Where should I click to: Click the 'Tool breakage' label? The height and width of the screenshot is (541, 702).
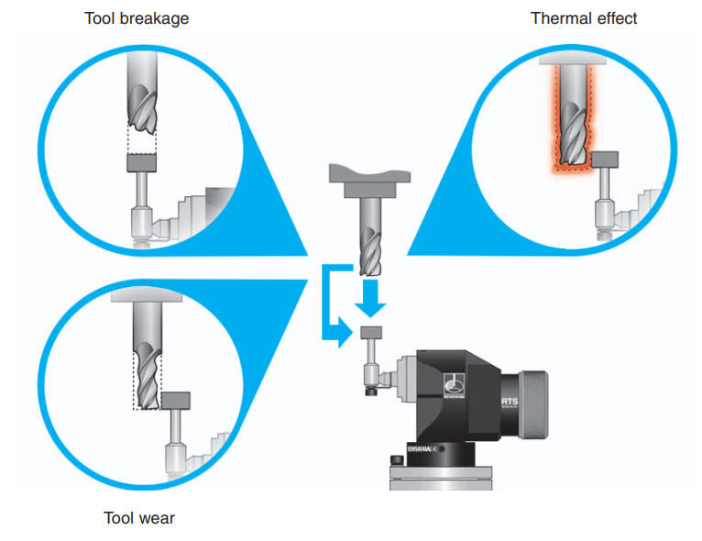click(x=137, y=18)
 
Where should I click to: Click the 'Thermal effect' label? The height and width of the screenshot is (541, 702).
click(x=584, y=18)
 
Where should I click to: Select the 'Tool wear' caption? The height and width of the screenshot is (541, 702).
click(x=139, y=518)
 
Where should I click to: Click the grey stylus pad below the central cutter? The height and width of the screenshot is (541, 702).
click(x=372, y=331)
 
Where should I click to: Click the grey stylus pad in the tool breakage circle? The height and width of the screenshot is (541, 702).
click(x=142, y=162)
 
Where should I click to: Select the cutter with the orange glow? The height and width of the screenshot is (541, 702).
click(x=573, y=124)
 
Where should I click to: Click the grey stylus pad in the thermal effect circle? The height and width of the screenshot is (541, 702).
click(x=606, y=160)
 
